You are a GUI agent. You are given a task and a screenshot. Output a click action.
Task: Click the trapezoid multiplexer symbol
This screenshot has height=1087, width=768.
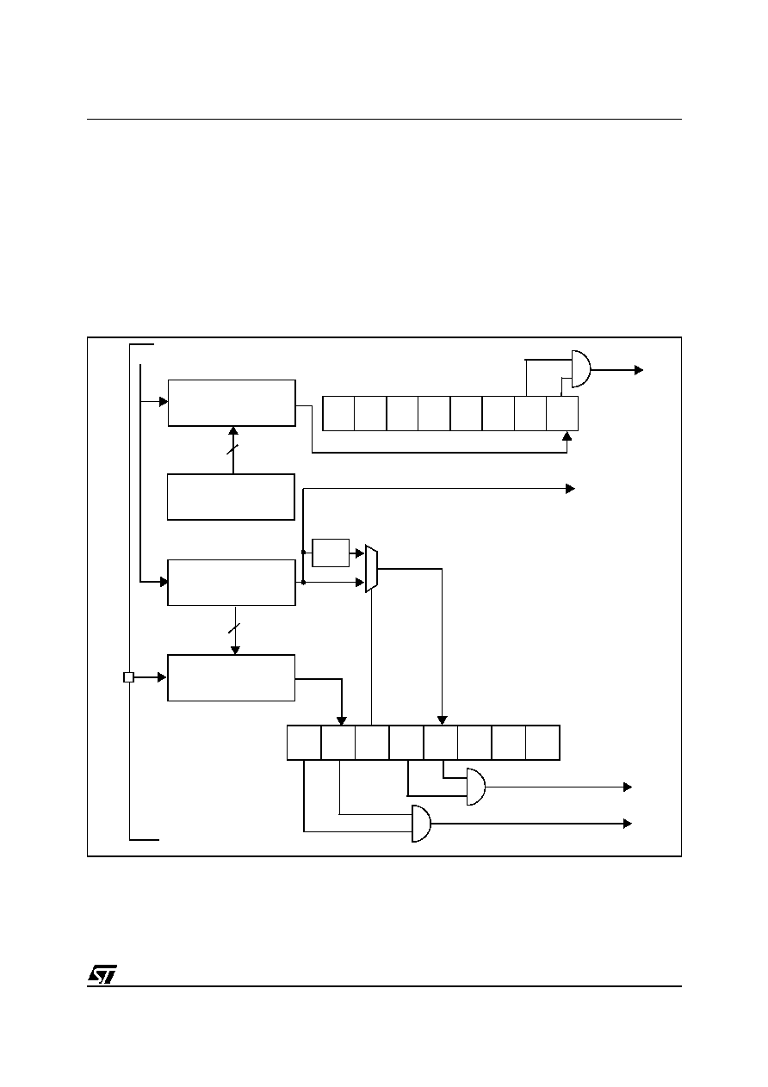tap(371, 569)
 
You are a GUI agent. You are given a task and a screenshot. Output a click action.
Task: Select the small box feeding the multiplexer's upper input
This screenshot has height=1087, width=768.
tap(331, 553)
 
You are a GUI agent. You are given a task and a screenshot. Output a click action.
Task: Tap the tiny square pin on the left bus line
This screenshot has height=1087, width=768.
tap(128, 677)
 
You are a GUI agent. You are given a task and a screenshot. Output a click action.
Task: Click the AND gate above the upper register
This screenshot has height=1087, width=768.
tap(581, 369)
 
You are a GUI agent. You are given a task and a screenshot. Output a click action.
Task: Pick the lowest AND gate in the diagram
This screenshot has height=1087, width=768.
tap(421, 824)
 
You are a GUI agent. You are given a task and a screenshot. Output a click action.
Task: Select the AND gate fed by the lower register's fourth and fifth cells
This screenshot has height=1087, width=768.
tap(476, 787)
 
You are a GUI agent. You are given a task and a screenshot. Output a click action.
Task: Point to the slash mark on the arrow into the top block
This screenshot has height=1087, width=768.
tap(233, 450)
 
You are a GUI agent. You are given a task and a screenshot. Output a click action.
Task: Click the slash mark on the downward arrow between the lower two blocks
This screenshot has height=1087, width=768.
tap(235, 628)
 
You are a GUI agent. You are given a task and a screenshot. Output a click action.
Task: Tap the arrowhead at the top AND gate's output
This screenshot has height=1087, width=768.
tap(639, 370)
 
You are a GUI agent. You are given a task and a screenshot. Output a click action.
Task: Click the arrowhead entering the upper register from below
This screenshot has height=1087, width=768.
tap(567, 435)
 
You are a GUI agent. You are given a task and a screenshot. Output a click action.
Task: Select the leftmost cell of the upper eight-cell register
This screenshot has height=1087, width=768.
tap(338, 413)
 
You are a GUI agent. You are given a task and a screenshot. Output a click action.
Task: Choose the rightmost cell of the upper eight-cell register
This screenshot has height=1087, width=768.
tap(562, 413)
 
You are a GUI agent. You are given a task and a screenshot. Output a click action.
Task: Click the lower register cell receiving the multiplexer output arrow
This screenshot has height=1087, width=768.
tap(441, 743)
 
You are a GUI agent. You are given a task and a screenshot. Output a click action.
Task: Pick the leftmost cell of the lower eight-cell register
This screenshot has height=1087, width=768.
tap(304, 743)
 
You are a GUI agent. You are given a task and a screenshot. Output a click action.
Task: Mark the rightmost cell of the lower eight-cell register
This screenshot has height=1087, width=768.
tap(542, 743)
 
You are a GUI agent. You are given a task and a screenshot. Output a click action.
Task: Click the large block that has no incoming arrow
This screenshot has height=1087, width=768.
tap(231, 497)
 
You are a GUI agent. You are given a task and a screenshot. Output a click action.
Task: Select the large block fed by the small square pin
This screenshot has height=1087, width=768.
tap(231, 678)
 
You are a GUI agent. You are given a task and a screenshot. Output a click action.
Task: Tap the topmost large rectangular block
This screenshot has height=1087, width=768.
tap(232, 403)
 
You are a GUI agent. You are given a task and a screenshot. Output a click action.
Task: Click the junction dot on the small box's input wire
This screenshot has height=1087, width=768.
tap(303, 553)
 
